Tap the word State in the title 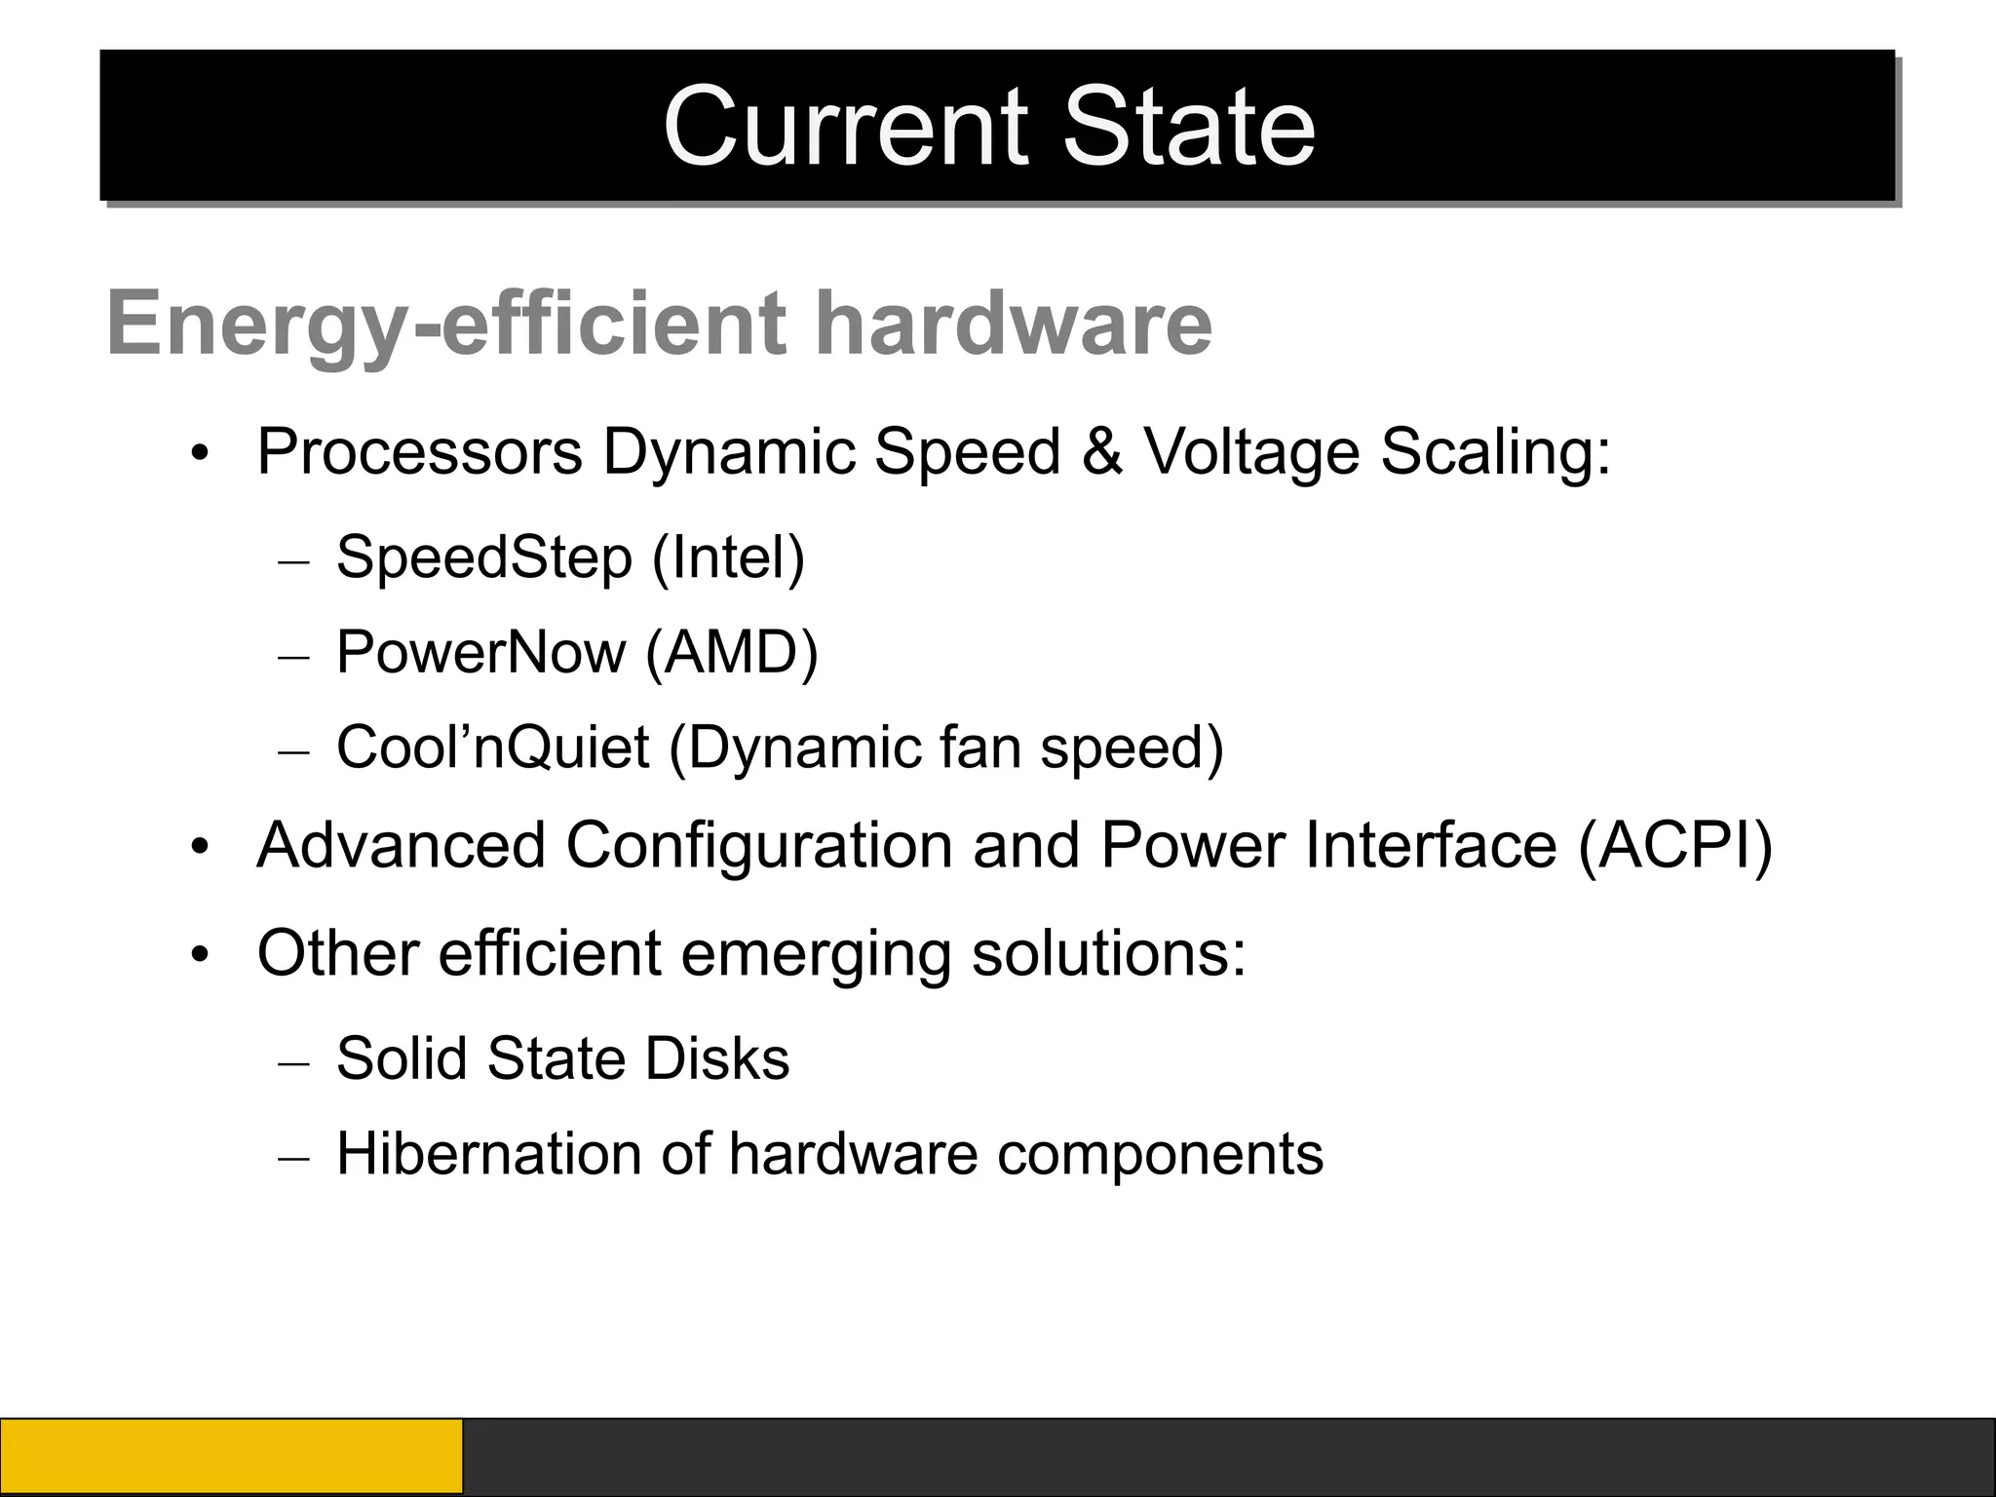tap(1189, 127)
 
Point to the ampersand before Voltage tap(1101, 452)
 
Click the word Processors tap(420, 452)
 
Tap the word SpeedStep tap(484, 558)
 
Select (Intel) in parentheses tap(728, 558)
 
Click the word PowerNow tap(480, 652)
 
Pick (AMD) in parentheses tap(732, 652)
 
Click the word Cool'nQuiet tap(492, 748)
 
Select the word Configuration tap(759, 845)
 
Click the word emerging tap(816, 954)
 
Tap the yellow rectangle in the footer tap(231, 1457)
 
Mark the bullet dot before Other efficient tap(201, 954)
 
